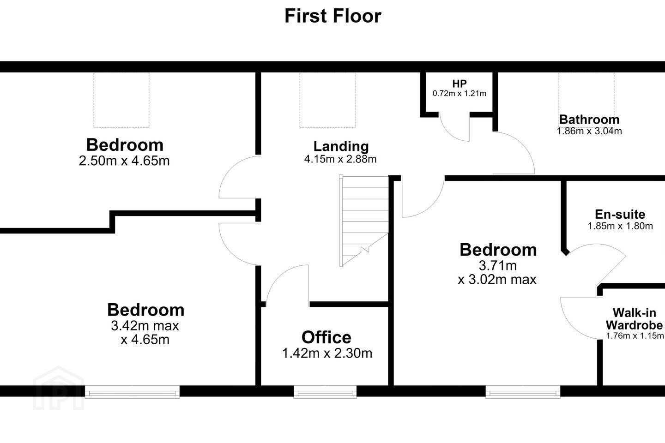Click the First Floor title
(333, 16)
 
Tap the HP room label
(459, 84)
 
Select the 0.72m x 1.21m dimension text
(459, 94)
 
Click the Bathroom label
(589, 120)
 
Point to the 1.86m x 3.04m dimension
(589, 131)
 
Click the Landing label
(341, 146)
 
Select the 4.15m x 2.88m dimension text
(340, 159)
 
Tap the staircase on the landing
(364, 221)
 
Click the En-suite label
(620, 214)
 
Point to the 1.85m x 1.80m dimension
(620, 226)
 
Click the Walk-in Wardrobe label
(635, 319)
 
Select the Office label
(326, 337)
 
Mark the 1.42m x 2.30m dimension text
(327, 353)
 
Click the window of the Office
(325, 392)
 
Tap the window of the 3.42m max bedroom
(132, 392)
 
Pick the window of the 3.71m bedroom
(523, 392)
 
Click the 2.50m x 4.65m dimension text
(124, 161)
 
